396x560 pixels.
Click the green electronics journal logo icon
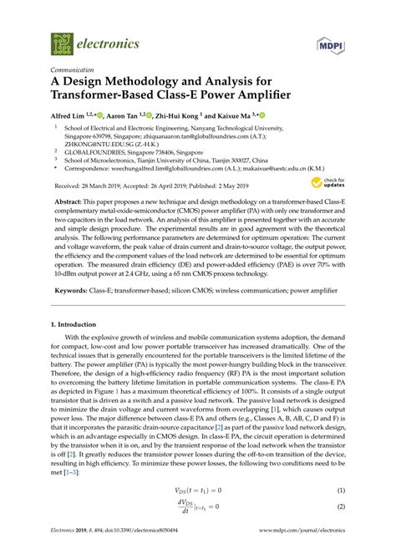pyautogui.click(x=62, y=42)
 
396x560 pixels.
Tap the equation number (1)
pyautogui.click(x=341, y=513)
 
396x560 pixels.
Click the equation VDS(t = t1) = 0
pyautogui.click(x=197, y=513)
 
